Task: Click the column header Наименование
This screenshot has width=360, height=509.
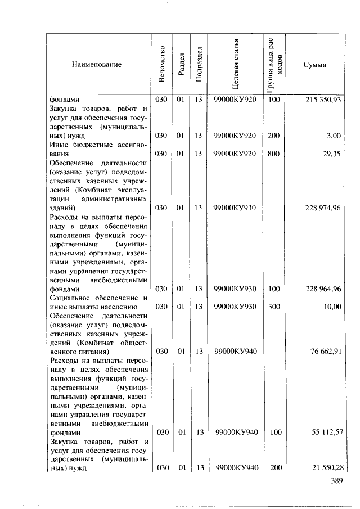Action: (x=96, y=65)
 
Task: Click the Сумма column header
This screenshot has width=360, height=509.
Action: (x=314, y=65)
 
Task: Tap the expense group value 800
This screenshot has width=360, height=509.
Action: (x=273, y=154)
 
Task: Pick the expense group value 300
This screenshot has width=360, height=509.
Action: (x=273, y=307)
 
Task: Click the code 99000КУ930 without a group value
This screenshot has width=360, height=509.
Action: (x=235, y=208)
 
